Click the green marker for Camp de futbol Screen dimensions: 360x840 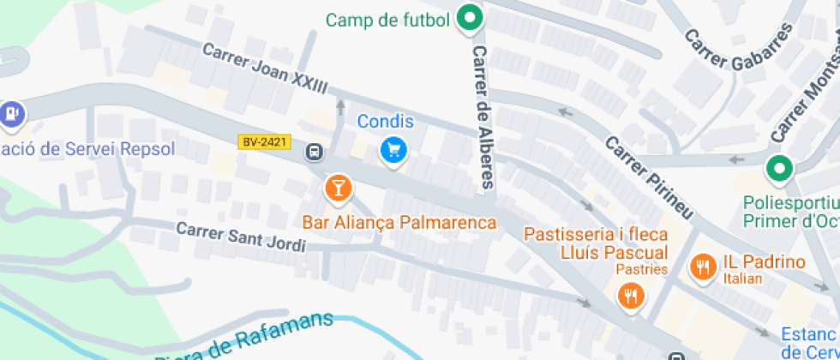pos(468,18)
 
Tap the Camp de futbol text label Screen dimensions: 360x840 pos(387,20)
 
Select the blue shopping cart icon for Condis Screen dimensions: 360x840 pos(393,151)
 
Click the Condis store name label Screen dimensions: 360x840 pos(386,122)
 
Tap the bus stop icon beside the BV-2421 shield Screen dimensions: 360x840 pos(315,153)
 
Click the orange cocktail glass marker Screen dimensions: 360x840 pos(338,188)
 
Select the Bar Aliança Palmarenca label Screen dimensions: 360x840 pos(399,223)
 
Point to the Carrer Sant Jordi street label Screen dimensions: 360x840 pos(241,237)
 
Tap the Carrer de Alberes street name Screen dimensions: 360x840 pos(483,117)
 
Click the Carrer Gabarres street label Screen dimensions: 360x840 pos(738,50)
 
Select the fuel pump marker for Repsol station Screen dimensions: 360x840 pos(10,112)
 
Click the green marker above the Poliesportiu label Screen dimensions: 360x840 pos(778,169)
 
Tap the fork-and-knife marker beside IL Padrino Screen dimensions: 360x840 pos(703,267)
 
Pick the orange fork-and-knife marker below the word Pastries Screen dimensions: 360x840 pos(632,297)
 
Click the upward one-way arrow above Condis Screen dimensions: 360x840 pos(341,107)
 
